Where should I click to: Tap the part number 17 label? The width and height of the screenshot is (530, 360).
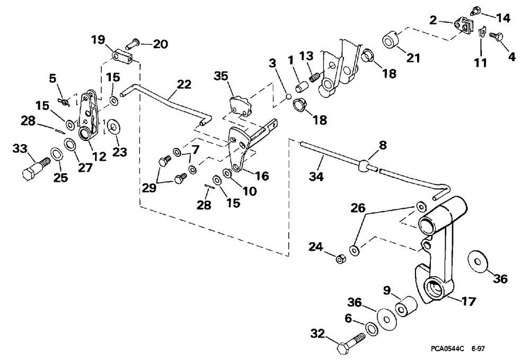click(469, 301)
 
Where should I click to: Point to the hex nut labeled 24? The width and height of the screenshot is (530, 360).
click(341, 258)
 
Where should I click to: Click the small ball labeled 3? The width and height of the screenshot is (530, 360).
click(287, 96)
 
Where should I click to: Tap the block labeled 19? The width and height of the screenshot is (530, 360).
click(121, 55)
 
